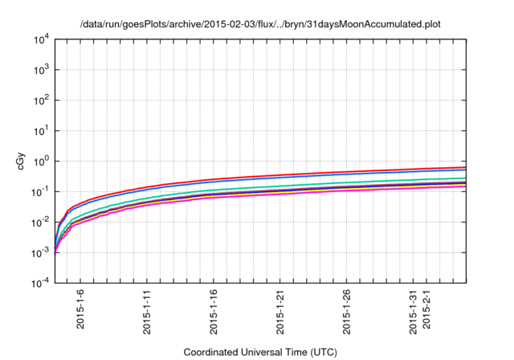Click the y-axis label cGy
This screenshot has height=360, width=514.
tap(22, 161)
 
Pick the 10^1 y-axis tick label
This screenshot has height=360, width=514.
tap(42, 130)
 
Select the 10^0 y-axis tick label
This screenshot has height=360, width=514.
tap(42, 161)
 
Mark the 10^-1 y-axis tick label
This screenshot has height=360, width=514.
tap(40, 191)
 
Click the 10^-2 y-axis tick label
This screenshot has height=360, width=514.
tap(40, 222)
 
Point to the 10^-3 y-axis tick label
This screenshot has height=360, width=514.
tap(40, 252)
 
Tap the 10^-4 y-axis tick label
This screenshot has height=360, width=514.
tap(40, 283)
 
